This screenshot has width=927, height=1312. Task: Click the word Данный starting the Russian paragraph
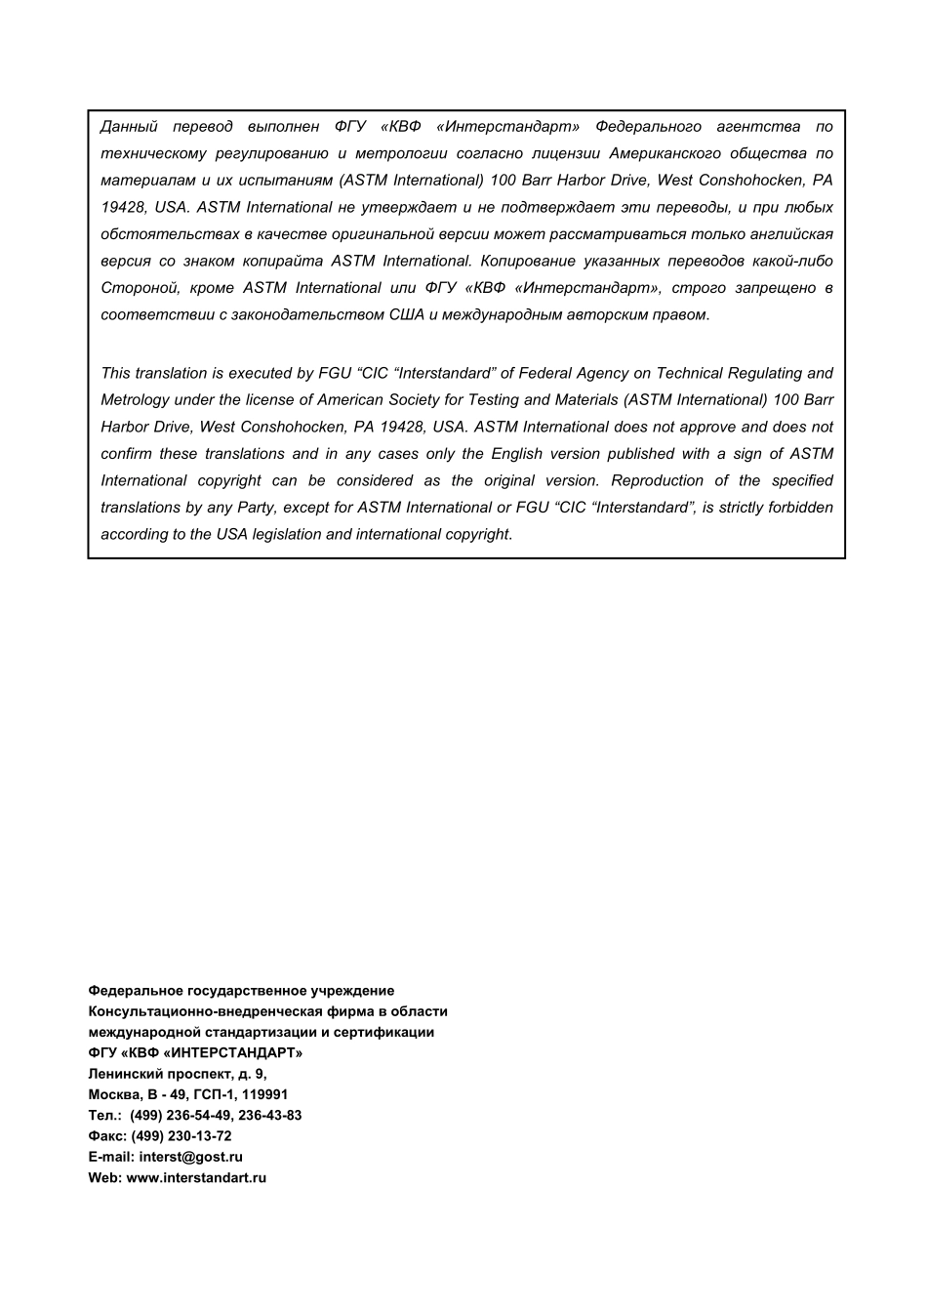[129, 127]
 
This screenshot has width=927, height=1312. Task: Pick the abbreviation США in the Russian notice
[407, 314]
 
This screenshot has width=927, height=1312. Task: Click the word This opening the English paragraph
[116, 373]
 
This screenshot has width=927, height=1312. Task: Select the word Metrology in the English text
[135, 400]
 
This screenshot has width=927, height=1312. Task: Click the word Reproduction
[657, 480]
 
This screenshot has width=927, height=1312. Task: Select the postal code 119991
[262, 1094]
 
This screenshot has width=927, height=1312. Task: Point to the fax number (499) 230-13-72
[181, 1136]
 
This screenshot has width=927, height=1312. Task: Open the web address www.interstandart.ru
[196, 1177]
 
